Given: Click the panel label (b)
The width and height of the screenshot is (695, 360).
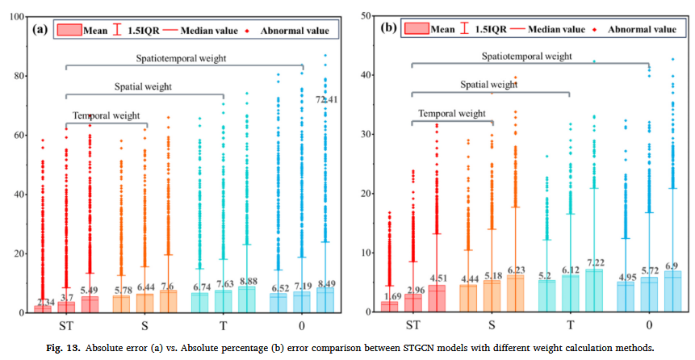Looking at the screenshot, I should click(x=387, y=28).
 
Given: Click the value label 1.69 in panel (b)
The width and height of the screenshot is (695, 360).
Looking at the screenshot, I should click(x=390, y=297).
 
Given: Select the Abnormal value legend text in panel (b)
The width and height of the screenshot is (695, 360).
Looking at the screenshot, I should click(x=642, y=29).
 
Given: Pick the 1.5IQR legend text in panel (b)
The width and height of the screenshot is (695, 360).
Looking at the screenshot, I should click(x=490, y=29).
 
